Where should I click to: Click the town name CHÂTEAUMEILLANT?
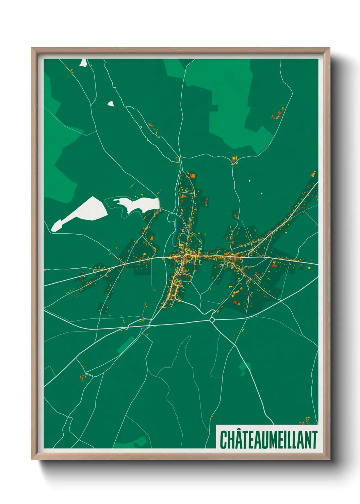(x=268, y=439)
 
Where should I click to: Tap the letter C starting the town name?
(x=224, y=440)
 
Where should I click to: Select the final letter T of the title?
(x=314, y=440)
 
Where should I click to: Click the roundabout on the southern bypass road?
(x=212, y=320)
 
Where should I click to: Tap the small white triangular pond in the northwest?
(x=111, y=104)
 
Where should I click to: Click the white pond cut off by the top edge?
(x=83, y=63)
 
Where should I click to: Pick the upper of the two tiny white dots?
(x=249, y=180)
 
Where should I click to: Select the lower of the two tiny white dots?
(x=261, y=193)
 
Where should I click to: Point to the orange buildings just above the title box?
(x=304, y=421)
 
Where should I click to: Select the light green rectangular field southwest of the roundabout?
(x=126, y=344)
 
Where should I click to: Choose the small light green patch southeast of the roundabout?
(x=244, y=368)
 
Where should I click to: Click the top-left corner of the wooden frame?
(x=32, y=48)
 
